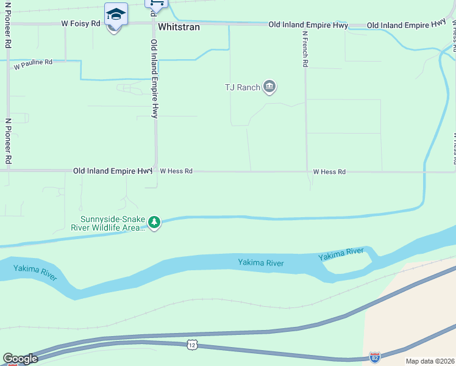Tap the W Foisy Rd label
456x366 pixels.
click(x=80, y=24)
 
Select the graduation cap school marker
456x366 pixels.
click(x=116, y=13)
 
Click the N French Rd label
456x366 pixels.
click(x=304, y=51)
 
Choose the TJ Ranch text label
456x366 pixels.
click(x=243, y=88)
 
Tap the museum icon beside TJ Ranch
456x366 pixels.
click(x=269, y=88)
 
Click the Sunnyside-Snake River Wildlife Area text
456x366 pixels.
click(x=113, y=224)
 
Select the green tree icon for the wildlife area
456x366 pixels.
click(x=155, y=223)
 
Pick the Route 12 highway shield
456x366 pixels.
click(x=192, y=345)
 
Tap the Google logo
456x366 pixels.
click(x=20, y=359)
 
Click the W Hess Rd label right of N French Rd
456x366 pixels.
click(x=329, y=172)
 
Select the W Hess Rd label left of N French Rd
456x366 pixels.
click(x=176, y=172)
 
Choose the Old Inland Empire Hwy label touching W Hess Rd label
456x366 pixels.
click(x=113, y=171)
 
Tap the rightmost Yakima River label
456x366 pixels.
click(x=341, y=254)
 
